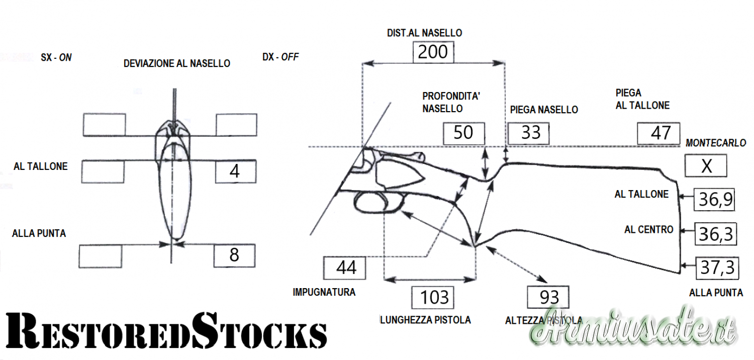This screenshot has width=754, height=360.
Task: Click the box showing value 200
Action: click(433, 52)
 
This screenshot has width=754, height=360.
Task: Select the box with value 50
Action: click(463, 133)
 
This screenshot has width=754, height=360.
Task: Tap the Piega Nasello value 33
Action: click(528, 133)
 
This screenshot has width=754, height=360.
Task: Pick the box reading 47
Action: click(658, 133)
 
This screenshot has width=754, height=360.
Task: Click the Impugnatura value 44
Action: click(345, 267)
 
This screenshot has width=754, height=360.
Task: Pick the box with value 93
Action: click(548, 297)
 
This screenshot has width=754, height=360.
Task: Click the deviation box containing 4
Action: click(235, 171)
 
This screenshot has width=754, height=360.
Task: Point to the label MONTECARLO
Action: click(715, 143)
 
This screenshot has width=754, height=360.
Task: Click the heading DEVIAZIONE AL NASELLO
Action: click(177, 64)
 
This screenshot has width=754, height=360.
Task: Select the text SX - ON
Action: click(56, 58)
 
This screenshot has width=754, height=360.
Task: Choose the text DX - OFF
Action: click(280, 57)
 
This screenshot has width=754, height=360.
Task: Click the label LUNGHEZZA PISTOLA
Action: click(425, 320)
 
